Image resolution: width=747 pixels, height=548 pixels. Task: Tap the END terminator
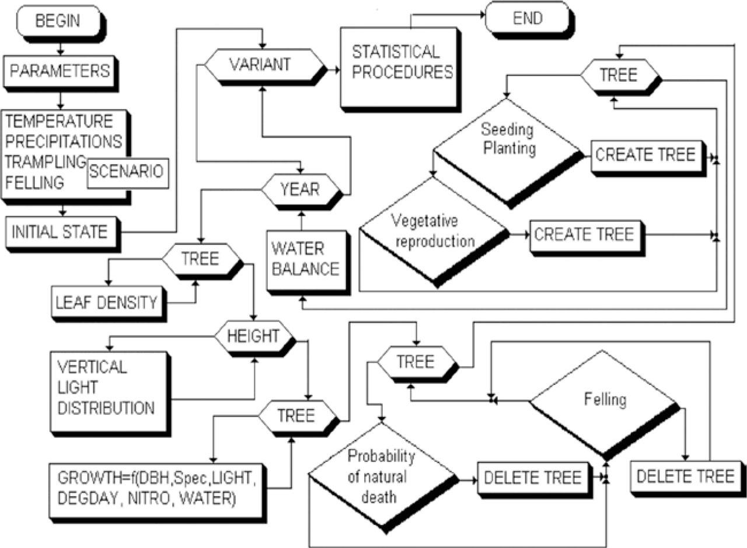point(527,19)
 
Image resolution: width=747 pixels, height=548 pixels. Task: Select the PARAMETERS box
point(60,71)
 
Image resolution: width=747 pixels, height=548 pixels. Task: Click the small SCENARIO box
point(127,173)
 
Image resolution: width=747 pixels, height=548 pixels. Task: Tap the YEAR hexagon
point(301,189)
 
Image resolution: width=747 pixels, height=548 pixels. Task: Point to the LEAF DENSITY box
point(106,302)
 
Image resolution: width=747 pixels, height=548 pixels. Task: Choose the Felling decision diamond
point(605,401)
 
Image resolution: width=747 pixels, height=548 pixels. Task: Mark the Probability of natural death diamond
point(380,477)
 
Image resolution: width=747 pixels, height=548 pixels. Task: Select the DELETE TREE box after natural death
point(533,478)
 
